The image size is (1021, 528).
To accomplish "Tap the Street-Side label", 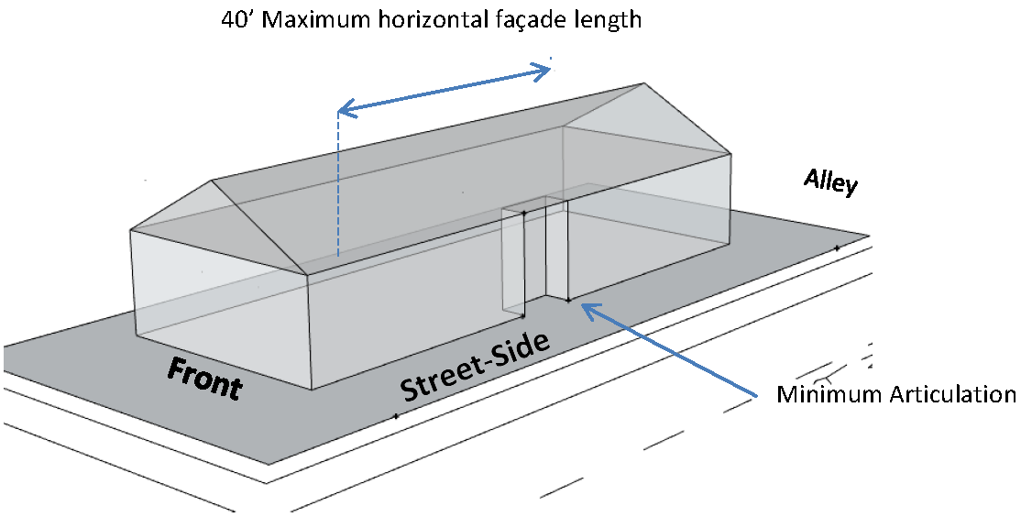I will tap(475, 368).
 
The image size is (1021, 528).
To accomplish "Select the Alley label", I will tap(830, 182).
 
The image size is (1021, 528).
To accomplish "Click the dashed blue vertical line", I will tap(337, 183).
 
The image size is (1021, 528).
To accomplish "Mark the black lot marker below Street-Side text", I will tap(396, 416).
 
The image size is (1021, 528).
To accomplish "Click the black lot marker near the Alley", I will tap(837, 247).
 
